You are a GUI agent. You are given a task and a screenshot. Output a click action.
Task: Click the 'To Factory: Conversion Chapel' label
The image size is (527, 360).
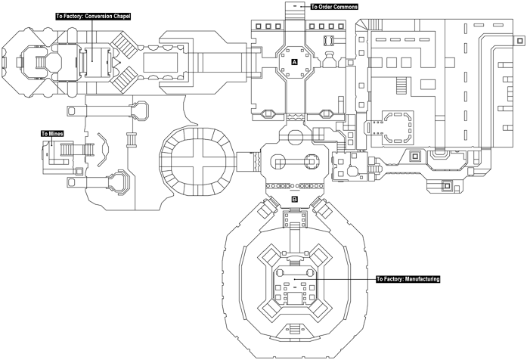(92, 15)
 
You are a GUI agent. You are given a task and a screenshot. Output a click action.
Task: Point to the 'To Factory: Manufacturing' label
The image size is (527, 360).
(408, 279)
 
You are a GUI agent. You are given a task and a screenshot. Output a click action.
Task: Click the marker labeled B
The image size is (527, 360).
(295, 200)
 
